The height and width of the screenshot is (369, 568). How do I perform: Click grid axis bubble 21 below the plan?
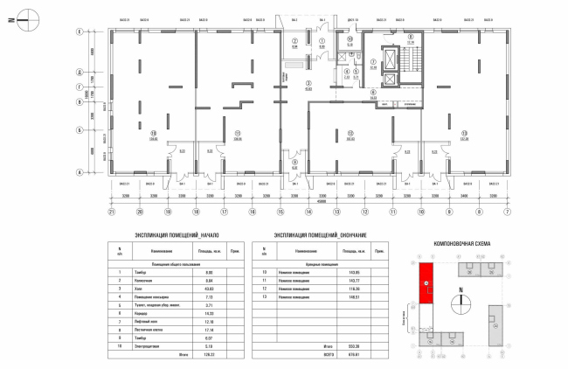point(112,212)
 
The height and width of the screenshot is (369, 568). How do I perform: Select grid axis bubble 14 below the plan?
point(309,212)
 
